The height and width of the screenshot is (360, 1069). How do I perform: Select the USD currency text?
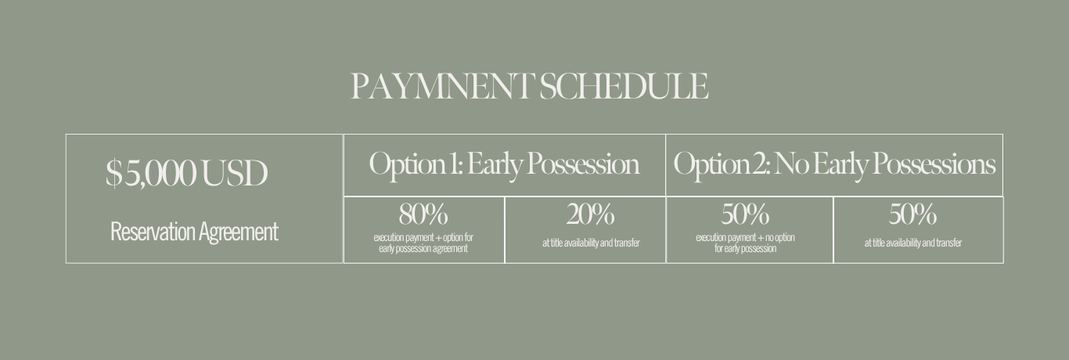point(234,173)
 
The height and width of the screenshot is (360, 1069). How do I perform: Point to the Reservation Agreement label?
point(194,232)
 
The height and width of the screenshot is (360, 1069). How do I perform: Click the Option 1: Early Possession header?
point(504,164)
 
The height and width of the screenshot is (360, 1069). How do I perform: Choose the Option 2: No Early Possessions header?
point(834,164)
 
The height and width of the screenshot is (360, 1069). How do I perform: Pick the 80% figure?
point(423,214)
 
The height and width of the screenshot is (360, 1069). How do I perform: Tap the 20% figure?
point(590,214)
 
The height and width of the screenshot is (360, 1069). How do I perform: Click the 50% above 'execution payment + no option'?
point(745,214)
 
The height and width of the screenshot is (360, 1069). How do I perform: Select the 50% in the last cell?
point(912,214)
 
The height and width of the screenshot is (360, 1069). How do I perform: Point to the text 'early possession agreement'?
point(423,249)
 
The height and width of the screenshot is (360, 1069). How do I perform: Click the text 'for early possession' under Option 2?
point(745,249)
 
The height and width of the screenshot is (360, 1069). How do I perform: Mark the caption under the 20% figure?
point(591,243)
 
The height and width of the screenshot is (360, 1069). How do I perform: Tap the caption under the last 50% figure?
point(912,243)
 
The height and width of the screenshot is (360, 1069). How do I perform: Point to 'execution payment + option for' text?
point(423,237)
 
